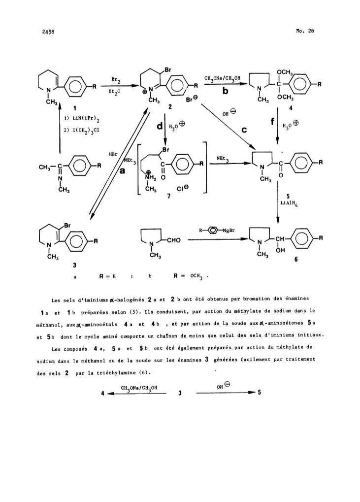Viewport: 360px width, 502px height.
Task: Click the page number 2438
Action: click(x=48, y=32)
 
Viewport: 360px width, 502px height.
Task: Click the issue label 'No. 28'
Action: click(x=305, y=31)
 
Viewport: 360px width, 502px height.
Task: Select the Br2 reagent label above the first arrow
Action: click(x=116, y=79)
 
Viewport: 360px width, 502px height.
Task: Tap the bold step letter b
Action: click(x=225, y=91)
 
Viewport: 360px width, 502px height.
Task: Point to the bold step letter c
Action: click(x=244, y=130)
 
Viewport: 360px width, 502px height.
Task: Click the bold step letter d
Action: click(x=160, y=127)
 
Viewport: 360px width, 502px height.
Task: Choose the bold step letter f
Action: click(x=272, y=122)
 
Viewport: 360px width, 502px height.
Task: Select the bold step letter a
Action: click(x=122, y=171)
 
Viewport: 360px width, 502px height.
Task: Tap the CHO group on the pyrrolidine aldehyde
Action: click(x=173, y=240)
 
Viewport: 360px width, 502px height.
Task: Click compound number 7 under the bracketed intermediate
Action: click(x=168, y=196)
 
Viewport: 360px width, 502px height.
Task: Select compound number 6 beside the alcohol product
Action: click(x=296, y=259)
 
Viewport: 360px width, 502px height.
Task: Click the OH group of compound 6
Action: click(x=280, y=250)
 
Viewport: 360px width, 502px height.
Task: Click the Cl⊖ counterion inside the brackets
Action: click(x=183, y=189)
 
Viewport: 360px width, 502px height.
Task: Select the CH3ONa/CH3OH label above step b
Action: click(x=222, y=78)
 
